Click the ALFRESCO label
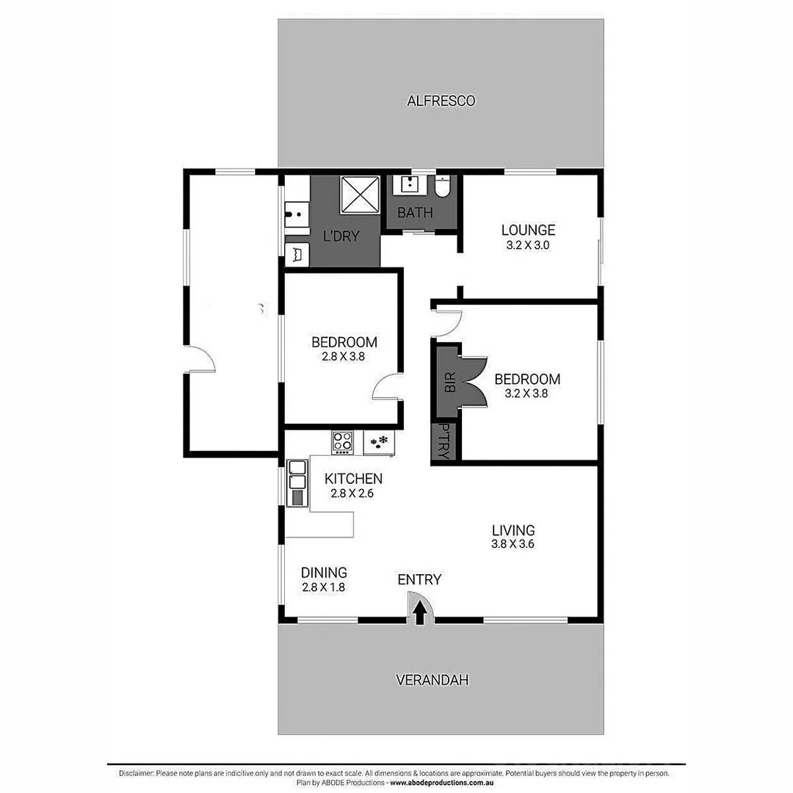tap(441, 101)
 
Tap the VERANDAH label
tap(432, 680)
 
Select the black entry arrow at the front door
tap(420, 613)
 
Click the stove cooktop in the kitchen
tap(342, 441)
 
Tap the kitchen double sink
tap(297, 475)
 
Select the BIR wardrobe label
tap(449, 382)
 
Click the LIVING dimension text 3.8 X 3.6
tap(513, 544)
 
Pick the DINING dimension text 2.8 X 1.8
tap(323, 587)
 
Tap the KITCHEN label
tap(352, 478)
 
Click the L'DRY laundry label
tap(341, 237)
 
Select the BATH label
tap(415, 213)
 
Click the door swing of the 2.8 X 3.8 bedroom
tap(386, 387)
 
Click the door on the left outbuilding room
tap(200, 360)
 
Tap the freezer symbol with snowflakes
tap(379, 442)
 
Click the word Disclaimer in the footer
tap(136, 773)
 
